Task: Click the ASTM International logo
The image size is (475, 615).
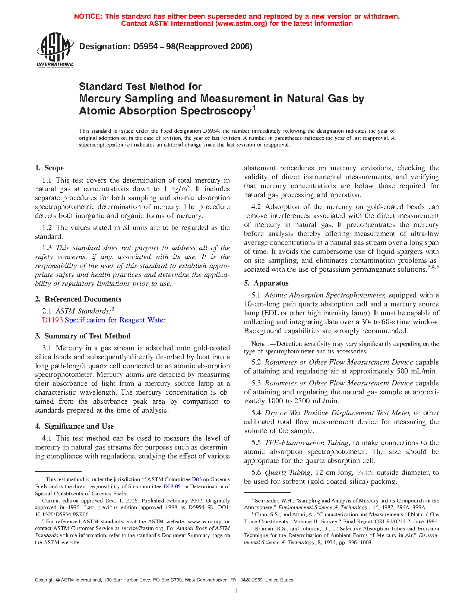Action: [55, 50]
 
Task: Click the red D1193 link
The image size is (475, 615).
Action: [53, 320]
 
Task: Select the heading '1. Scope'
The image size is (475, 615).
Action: [50, 168]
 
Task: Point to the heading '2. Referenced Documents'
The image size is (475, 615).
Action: [78, 299]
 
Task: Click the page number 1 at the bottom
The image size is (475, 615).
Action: [237, 591]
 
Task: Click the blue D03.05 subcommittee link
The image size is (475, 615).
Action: [172, 487]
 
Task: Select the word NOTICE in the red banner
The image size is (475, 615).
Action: [88, 16]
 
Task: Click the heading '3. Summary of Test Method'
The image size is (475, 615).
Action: [83, 336]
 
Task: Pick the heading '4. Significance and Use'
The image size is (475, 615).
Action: [74, 426]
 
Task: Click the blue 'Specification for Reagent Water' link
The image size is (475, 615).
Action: [115, 320]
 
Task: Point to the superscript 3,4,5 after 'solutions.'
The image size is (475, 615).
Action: [433, 267]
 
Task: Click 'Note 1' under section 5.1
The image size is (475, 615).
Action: [257, 344]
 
